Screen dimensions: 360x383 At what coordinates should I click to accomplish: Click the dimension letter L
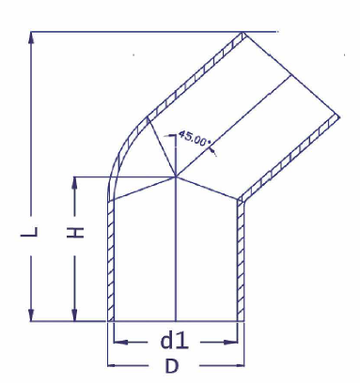(x=30, y=232)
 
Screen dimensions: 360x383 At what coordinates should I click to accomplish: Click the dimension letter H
(x=75, y=232)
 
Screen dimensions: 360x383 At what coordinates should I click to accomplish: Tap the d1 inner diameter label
(x=174, y=341)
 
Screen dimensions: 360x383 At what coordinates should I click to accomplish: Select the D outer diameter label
(x=172, y=366)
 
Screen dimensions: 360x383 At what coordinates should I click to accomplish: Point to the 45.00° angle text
(x=195, y=138)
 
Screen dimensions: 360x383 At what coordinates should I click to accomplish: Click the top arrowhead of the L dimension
(x=31, y=38)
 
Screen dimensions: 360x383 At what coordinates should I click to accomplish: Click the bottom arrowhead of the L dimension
(x=31, y=314)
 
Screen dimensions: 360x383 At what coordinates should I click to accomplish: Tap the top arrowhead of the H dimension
(x=74, y=183)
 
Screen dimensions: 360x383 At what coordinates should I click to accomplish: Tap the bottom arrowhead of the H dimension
(x=74, y=314)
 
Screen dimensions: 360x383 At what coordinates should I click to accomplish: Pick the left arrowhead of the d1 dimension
(x=120, y=342)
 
